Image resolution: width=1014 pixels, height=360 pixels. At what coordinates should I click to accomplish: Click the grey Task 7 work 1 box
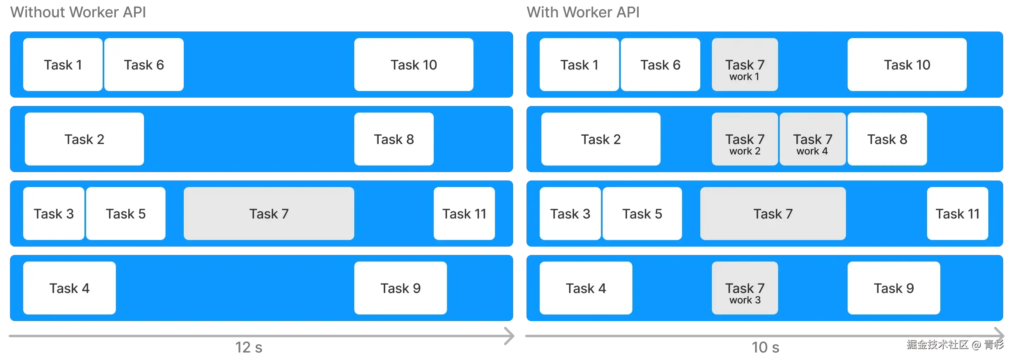pos(745,65)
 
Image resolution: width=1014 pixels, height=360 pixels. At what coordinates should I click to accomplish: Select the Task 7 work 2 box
pos(745,139)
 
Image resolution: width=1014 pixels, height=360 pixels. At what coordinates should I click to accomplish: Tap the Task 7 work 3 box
pos(745,288)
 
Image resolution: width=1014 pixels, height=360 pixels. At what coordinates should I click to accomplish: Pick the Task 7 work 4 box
pos(812,139)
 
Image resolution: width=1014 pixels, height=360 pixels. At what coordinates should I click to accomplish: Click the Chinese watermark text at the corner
pos(954,344)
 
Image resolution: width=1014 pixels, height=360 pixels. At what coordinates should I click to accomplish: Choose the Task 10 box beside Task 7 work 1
pos(907,65)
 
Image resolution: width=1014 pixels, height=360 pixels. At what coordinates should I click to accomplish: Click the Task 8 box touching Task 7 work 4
pos(887,139)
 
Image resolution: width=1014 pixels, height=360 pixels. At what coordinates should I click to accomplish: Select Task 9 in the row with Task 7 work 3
pos(894,288)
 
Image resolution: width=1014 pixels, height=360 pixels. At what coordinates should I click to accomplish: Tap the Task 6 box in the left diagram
pos(144,65)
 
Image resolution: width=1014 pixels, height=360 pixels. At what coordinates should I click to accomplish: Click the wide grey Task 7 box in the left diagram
pos(269,214)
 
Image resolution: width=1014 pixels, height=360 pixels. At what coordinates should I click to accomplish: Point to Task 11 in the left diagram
pos(464,214)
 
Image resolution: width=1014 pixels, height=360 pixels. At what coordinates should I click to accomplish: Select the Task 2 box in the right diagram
pos(601,139)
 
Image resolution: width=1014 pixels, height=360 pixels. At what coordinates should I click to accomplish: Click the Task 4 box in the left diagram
pos(69,288)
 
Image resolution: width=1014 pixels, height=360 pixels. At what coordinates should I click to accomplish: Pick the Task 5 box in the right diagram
pos(642,214)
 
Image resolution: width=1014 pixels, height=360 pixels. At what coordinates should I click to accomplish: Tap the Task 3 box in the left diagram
pos(53,214)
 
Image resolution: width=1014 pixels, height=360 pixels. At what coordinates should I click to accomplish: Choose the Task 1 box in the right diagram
pos(579,65)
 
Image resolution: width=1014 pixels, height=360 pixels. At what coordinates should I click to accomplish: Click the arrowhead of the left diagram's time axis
pos(510,336)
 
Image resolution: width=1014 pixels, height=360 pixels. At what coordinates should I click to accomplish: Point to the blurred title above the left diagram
pos(78,12)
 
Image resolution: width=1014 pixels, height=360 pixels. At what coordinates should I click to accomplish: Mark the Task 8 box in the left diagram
pos(394,139)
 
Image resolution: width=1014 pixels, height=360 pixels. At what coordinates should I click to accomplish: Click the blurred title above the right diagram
pos(582,12)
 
